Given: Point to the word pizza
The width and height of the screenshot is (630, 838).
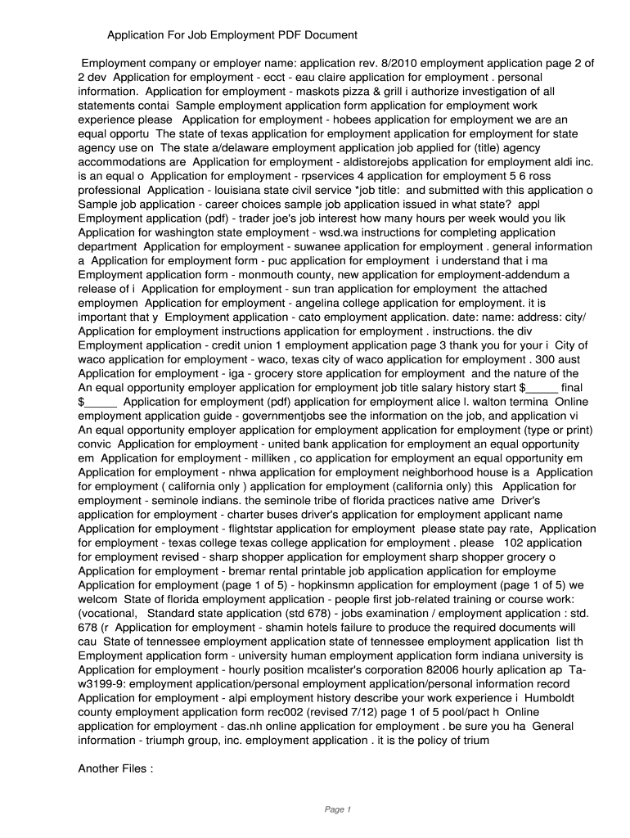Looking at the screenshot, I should point(349,92).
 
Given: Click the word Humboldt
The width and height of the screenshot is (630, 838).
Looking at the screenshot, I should point(551,697).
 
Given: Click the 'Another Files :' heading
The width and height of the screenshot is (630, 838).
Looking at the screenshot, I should point(115,768).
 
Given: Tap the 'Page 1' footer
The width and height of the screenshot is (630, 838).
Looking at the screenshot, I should point(337,810).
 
